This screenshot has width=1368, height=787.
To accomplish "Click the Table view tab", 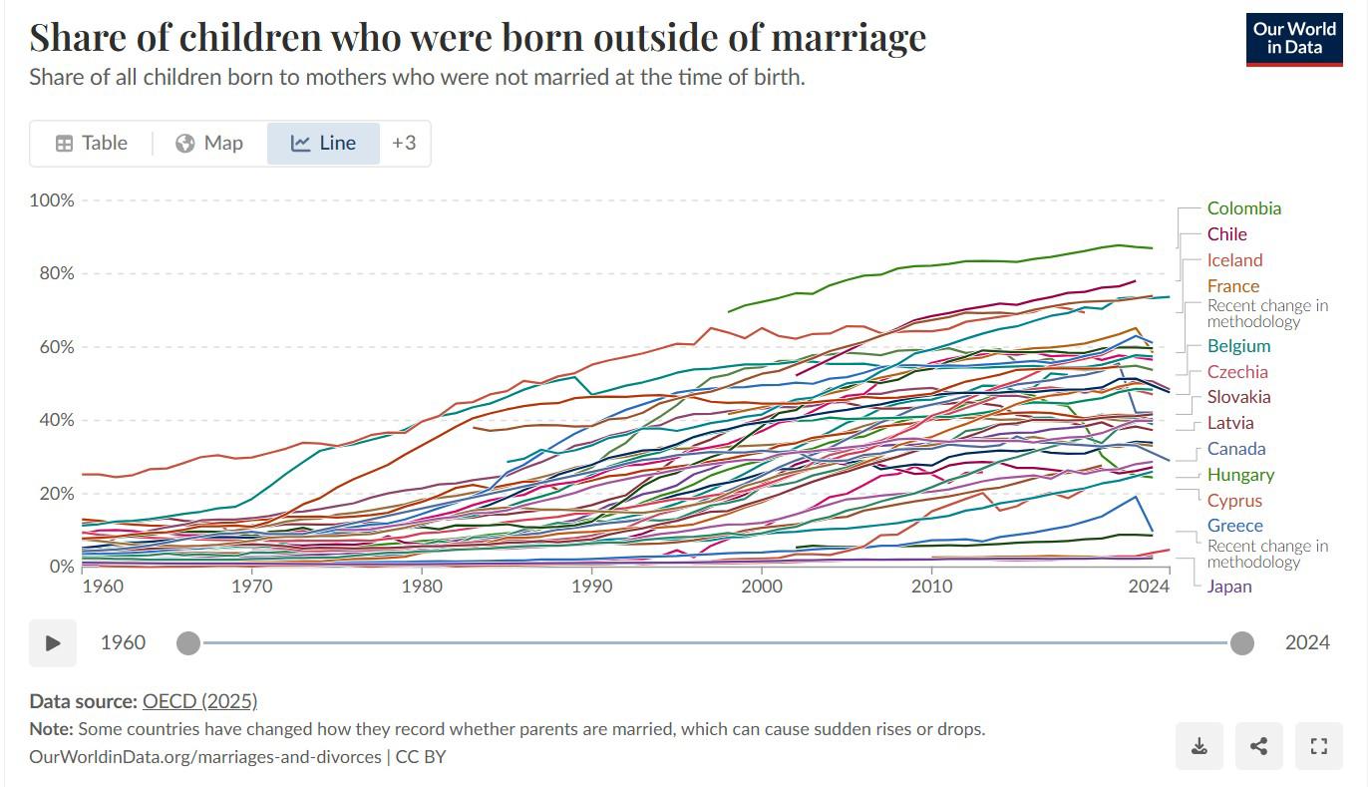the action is (92, 143).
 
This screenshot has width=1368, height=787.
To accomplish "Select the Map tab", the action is (209, 143).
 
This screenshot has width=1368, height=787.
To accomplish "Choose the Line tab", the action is (323, 143).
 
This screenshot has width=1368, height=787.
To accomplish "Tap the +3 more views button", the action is (404, 143).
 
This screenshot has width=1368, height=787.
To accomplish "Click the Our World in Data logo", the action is (1294, 39).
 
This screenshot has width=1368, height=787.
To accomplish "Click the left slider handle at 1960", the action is (188, 642).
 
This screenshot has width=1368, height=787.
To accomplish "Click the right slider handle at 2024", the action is (1242, 642).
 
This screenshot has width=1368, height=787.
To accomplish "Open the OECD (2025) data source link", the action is (199, 701).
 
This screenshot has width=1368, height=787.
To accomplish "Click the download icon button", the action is (1199, 745).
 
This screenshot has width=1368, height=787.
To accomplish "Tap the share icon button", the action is (1258, 745).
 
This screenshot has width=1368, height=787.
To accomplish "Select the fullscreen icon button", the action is (1318, 745).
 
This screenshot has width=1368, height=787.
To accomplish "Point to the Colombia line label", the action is (1244, 208).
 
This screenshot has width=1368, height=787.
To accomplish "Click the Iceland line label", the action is (1234, 260).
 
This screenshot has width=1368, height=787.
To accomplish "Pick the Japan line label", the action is (1229, 587).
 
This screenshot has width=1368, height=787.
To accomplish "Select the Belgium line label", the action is (1238, 346).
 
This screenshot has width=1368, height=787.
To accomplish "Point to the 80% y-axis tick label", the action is (57, 273).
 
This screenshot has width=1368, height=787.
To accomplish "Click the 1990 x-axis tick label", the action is (591, 587).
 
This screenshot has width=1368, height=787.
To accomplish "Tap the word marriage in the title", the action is (849, 38).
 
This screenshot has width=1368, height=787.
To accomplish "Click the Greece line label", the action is (1234, 526).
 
